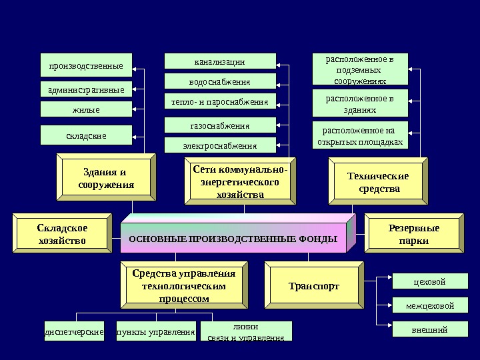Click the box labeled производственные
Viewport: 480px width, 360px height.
86,66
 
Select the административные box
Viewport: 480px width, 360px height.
86,89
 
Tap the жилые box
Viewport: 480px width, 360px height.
86,109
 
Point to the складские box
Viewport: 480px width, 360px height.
86,135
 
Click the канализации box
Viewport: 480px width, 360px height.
219,61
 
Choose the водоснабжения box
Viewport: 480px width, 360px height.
219,82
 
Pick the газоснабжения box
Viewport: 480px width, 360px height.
219,125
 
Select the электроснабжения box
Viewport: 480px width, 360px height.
219,145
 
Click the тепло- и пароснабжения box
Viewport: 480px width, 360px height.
219,102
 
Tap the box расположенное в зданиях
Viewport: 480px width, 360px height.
359,104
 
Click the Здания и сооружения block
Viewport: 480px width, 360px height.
106,179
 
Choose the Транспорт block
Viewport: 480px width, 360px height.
313,286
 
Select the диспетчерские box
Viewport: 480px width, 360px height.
73,331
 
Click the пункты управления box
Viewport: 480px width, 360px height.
155,331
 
